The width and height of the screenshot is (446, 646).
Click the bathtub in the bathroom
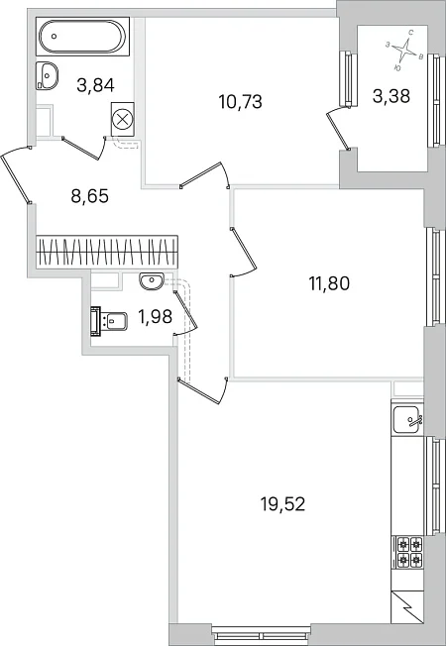click(82, 37)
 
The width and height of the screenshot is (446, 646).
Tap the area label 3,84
click(95, 85)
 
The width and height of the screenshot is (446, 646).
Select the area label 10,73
click(240, 101)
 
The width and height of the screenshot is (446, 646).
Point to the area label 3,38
click(391, 95)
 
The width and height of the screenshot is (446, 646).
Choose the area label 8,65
click(90, 196)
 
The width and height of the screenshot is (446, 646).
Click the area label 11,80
click(329, 283)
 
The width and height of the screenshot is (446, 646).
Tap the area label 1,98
click(155, 317)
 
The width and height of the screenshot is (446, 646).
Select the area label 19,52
click(282, 504)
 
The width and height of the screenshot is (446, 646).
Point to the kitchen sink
click(406, 419)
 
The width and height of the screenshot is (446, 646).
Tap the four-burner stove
click(409, 552)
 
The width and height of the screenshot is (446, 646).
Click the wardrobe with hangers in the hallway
click(107, 252)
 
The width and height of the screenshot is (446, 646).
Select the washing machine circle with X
click(123, 120)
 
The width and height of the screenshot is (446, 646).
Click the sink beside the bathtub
click(47, 76)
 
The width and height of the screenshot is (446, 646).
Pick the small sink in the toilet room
click(152, 281)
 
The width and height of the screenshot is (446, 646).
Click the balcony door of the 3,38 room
click(338, 130)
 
